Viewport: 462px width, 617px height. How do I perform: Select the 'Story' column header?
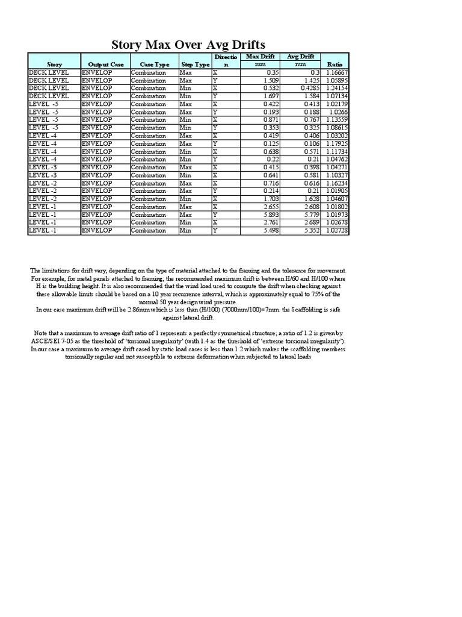pyautogui.click(x=54, y=64)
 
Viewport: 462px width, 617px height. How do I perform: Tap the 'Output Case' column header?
pyautogui.click(x=105, y=64)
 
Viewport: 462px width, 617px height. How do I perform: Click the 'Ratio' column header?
pyautogui.click(x=334, y=64)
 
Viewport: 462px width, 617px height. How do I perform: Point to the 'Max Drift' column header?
pyautogui.click(x=260, y=57)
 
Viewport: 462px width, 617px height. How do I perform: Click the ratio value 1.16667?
pyautogui.click(x=336, y=72)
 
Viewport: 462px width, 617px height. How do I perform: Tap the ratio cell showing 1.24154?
pyautogui.click(x=336, y=88)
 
